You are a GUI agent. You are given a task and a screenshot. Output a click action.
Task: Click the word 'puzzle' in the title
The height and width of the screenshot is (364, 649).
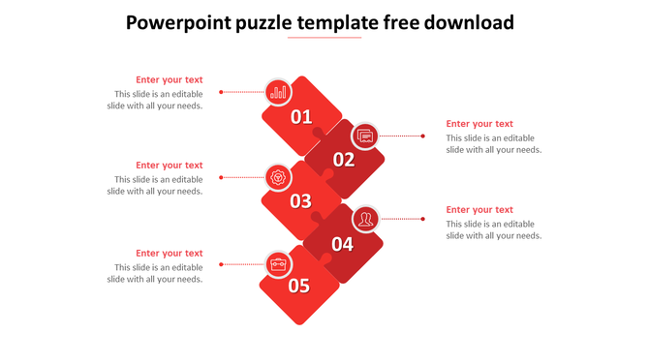click(276, 22)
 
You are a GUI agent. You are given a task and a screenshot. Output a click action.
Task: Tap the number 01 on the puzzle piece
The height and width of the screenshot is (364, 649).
click(301, 117)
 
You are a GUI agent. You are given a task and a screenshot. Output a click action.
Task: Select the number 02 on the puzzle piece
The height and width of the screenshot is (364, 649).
click(344, 160)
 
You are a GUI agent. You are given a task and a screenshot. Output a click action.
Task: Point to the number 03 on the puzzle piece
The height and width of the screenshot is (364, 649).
click(301, 201)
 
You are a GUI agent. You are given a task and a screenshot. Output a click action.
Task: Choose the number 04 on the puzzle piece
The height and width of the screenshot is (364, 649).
click(343, 244)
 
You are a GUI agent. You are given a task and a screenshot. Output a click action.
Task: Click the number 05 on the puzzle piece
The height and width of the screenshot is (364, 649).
click(298, 286)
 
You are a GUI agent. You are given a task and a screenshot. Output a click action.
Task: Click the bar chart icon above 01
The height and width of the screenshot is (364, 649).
click(279, 92)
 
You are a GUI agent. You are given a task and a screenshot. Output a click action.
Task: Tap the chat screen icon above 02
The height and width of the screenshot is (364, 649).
click(365, 136)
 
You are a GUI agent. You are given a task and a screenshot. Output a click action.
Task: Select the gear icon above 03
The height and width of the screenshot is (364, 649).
click(279, 177)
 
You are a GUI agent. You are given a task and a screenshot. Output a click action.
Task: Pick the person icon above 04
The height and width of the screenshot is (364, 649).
click(365, 220)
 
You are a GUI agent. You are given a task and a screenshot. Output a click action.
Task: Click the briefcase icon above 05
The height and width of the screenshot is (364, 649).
click(278, 263)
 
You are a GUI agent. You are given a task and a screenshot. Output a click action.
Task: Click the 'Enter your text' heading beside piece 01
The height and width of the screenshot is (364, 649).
click(170, 80)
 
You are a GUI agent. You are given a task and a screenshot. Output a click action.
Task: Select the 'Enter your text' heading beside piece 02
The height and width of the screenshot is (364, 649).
click(479, 124)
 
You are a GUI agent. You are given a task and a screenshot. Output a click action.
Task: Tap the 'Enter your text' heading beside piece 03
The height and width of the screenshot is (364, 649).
click(170, 166)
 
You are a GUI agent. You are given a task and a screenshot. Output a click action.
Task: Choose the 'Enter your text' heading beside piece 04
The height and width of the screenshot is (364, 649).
click(479, 210)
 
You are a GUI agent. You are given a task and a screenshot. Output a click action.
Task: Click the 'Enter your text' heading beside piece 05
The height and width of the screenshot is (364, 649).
click(170, 254)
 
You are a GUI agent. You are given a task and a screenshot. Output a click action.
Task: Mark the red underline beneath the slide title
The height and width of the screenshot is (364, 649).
click(324, 39)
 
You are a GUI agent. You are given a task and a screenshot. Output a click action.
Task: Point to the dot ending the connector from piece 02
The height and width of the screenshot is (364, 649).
click(423, 136)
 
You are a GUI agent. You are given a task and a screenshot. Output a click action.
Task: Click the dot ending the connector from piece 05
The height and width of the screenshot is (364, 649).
click(222, 264)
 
